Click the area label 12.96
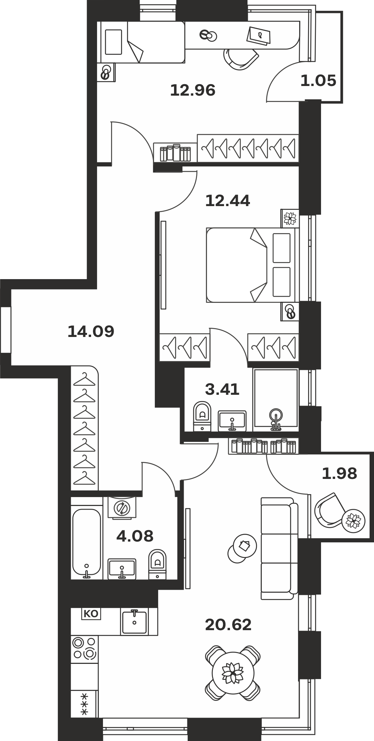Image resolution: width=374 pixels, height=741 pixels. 193,90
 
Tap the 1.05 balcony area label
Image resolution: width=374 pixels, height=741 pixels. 318,80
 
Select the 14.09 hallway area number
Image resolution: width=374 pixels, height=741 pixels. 91,331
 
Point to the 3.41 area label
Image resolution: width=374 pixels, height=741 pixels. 222,389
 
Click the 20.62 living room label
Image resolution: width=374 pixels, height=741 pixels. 228,625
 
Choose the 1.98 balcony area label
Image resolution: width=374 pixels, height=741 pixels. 339,473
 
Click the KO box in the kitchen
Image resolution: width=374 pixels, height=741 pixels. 91,613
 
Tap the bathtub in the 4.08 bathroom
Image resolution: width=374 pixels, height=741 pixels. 87,543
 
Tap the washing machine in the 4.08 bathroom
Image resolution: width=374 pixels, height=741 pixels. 122,507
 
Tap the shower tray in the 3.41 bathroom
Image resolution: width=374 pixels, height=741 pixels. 276,400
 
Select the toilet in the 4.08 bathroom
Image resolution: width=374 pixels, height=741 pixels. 157,564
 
